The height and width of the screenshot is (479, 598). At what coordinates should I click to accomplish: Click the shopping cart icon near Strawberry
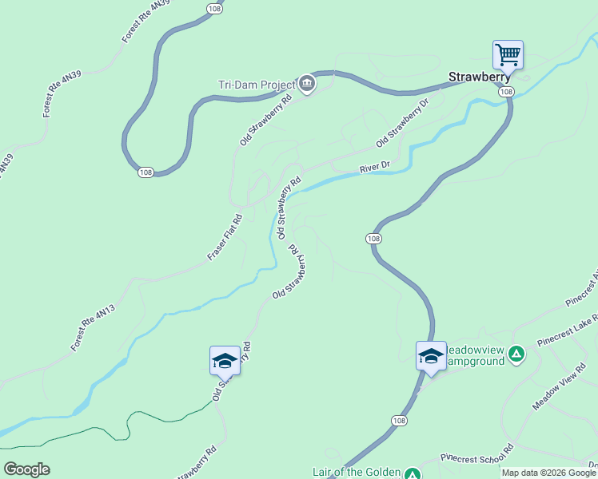(508, 55)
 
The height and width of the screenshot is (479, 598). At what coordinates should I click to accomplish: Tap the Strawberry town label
(479, 77)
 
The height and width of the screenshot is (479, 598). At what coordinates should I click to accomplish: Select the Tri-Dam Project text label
(256, 84)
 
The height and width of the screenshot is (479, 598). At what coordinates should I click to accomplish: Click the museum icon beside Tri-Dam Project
(307, 83)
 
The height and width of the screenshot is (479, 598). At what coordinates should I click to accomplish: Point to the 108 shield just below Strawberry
(506, 93)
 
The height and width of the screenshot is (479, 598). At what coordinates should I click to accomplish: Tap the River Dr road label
(374, 168)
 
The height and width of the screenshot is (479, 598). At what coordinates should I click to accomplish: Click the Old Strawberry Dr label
(403, 122)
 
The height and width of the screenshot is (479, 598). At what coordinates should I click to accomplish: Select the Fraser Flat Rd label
(225, 237)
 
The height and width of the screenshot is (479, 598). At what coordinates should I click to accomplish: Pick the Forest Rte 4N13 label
(94, 326)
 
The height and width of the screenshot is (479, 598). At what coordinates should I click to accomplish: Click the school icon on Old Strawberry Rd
(225, 361)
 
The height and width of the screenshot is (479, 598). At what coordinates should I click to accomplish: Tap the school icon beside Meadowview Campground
(431, 356)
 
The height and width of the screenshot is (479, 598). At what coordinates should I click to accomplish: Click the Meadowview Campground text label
(474, 355)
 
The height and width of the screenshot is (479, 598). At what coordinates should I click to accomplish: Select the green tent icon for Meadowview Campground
(517, 353)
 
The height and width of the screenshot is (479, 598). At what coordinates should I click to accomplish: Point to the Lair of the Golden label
(357, 473)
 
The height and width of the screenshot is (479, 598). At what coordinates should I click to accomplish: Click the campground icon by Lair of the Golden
(412, 474)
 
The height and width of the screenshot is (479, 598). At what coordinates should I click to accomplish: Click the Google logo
(26, 469)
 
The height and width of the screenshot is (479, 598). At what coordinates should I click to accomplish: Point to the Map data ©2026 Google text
(548, 473)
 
